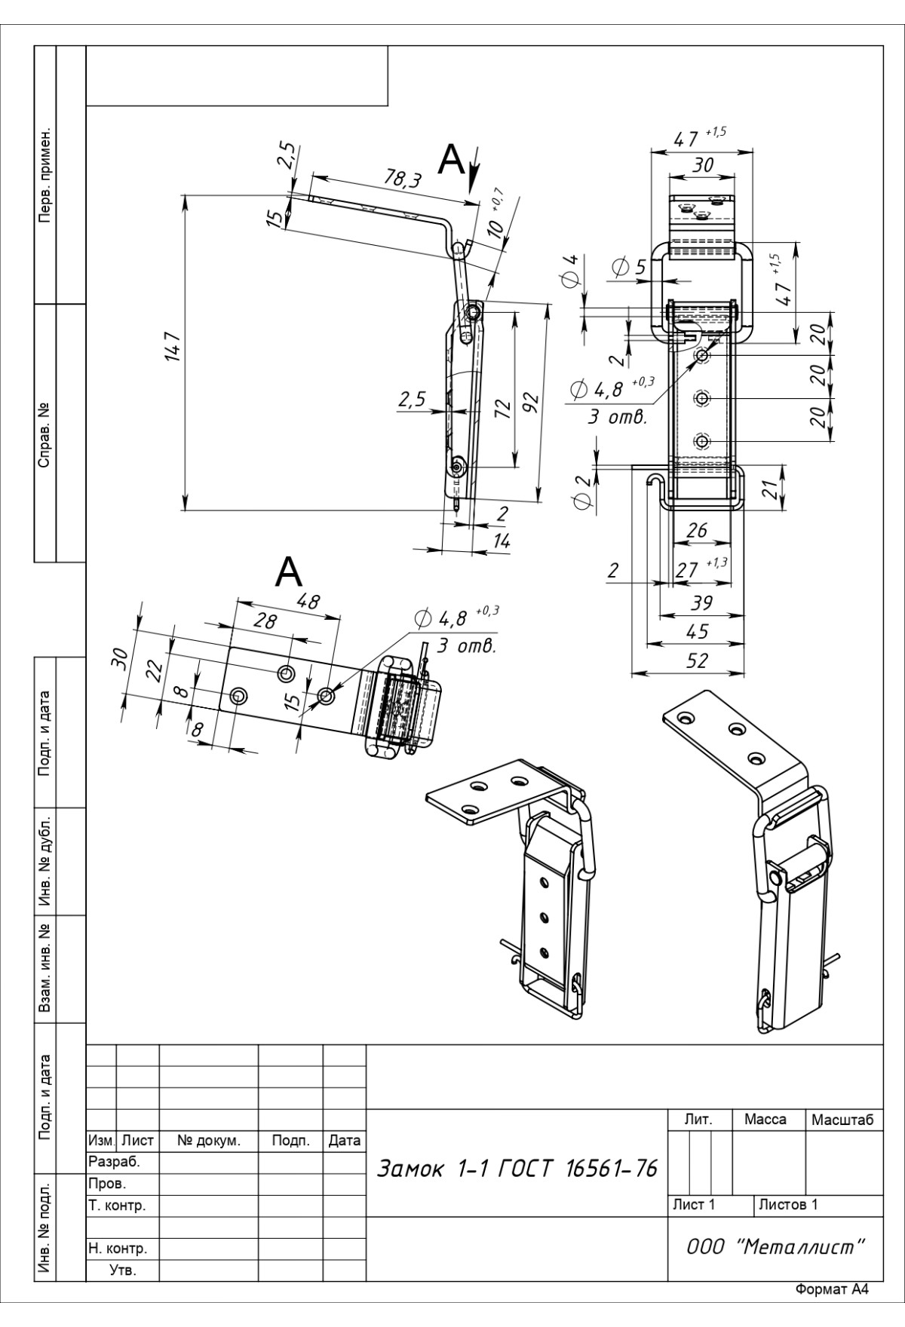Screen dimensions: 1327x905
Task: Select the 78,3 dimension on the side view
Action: pos(403,179)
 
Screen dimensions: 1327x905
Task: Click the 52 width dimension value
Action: pos(698,661)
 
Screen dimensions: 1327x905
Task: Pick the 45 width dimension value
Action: pos(697,633)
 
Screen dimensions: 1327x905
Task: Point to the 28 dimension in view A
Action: pos(265,622)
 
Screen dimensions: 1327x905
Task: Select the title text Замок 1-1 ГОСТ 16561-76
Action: pos(517,1169)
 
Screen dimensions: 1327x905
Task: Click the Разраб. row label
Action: pos(115,1162)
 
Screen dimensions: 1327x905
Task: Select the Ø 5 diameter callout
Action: pos(630,268)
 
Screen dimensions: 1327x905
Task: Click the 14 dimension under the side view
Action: pos(501,541)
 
